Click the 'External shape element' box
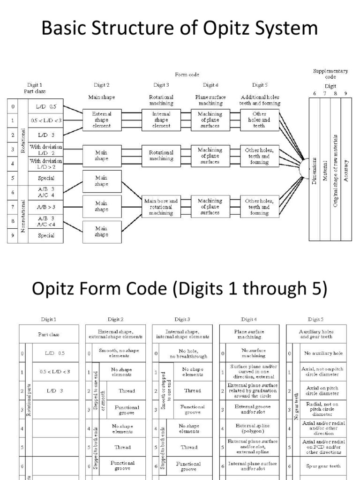coord(102,120)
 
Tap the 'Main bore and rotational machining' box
coord(161,207)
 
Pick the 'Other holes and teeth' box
coord(259,120)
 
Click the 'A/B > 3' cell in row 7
coord(46,206)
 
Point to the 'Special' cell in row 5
coord(46,178)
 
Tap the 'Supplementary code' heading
coord(330,74)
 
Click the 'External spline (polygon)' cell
coord(253,427)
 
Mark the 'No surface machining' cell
coord(253,353)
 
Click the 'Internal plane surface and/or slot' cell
coord(253,466)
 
